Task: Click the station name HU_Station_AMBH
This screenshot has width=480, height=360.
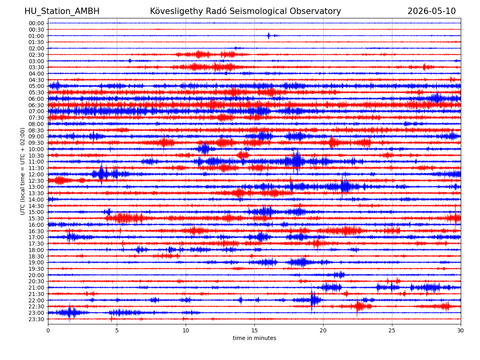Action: [x=62, y=11]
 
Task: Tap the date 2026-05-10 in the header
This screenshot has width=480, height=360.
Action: [x=431, y=11]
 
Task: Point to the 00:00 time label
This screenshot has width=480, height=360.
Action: [x=36, y=23]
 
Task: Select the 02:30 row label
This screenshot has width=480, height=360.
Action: [x=36, y=55]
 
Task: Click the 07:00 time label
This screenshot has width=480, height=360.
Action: [x=36, y=112]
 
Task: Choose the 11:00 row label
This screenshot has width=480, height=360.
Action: [x=36, y=162]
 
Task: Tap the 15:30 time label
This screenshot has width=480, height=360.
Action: [x=36, y=218]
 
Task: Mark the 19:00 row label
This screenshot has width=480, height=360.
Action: [x=36, y=262]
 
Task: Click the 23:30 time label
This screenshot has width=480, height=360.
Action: [x=36, y=319]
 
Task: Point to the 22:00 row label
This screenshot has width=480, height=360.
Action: [x=36, y=300]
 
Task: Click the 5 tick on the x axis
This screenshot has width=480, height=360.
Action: [x=117, y=330]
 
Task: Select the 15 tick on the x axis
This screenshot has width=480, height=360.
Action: [x=254, y=330]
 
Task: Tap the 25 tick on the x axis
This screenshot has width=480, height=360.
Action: [x=392, y=330]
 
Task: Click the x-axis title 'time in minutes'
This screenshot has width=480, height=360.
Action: [x=254, y=338]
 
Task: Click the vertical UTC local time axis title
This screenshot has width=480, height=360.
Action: [x=22, y=171]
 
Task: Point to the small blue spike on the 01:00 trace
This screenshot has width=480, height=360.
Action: [x=268, y=36]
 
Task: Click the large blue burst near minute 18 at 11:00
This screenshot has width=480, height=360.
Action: [x=297, y=161]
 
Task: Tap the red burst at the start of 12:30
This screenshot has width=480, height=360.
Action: [x=59, y=180]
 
